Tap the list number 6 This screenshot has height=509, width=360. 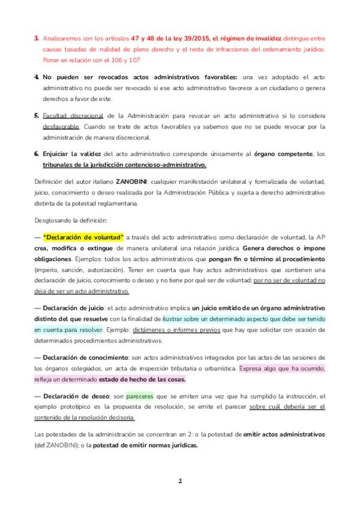(37, 154)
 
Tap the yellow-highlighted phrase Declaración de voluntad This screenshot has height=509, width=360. (83, 237)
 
